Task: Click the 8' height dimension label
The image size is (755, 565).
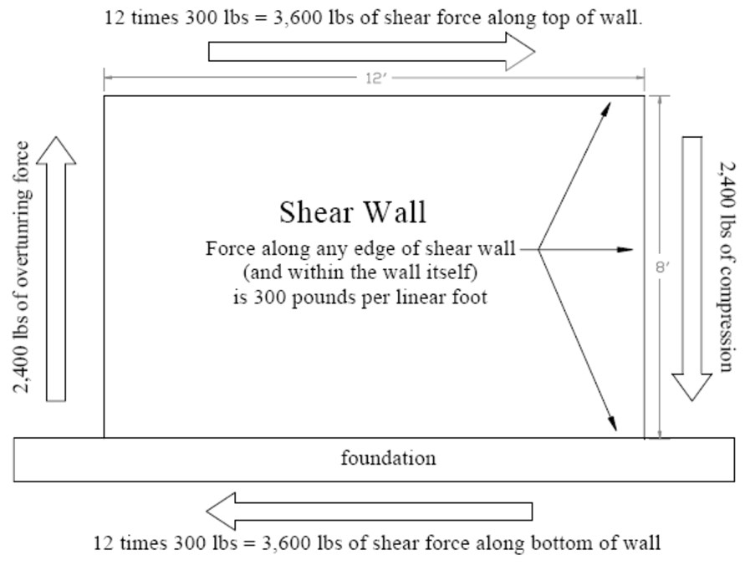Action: pos(662,267)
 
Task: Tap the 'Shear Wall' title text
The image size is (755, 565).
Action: pos(353,211)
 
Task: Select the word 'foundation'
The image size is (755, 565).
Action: pos(389,458)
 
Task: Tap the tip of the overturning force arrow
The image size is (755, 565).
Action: pos(56,137)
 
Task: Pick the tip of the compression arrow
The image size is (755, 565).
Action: pos(692,400)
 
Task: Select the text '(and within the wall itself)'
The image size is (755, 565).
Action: pos(360,272)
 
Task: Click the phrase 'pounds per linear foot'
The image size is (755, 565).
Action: pos(390,298)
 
